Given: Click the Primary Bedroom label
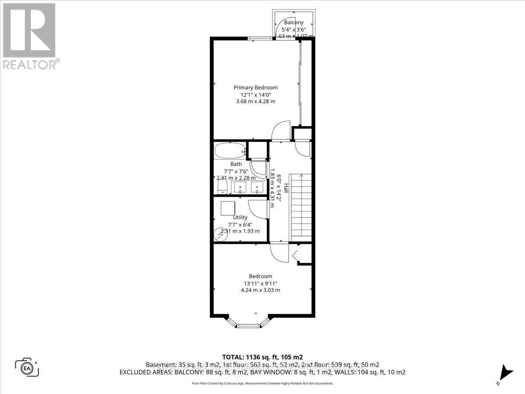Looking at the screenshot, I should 255,88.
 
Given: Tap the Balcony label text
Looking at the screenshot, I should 294,22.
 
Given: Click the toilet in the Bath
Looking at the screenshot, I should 222,187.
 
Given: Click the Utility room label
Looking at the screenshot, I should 240,217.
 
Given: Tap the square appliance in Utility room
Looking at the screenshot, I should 227,208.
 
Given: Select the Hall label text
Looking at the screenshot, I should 286,189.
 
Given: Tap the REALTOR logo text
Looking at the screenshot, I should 30,64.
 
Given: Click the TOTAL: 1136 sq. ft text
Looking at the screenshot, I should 262,356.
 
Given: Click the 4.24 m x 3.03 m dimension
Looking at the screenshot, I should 260,290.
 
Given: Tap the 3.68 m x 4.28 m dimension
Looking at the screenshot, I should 255,102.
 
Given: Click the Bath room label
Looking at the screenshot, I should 236,164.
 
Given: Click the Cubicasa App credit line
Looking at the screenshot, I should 262,383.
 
